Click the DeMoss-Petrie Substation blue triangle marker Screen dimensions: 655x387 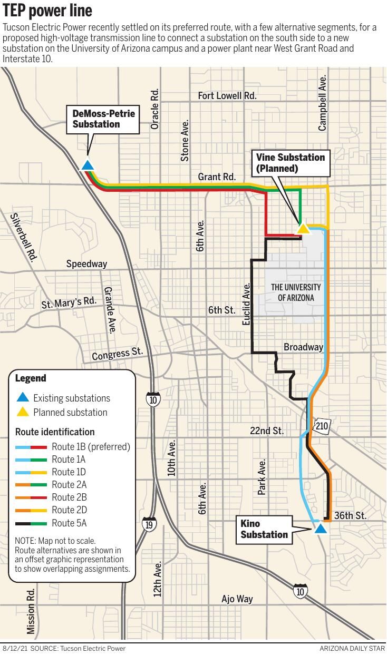(88, 165)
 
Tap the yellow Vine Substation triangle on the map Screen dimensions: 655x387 (303, 228)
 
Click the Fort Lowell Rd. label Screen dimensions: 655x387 (227, 95)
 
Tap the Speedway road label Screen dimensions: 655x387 (86, 264)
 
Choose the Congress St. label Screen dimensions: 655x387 (117, 354)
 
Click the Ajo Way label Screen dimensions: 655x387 (237, 599)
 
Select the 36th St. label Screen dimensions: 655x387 (350, 515)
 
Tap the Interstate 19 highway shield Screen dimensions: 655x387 (149, 524)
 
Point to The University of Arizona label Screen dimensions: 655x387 (296, 292)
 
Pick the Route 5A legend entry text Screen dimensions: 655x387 (69, 523)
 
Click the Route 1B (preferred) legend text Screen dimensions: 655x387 (91, 447)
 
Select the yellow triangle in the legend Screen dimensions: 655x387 (23, 412)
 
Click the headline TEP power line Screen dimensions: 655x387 (47, 10)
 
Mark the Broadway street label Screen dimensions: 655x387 (303, 347)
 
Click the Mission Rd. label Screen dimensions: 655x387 (31, 611)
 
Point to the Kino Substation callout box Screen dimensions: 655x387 (264, 529)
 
